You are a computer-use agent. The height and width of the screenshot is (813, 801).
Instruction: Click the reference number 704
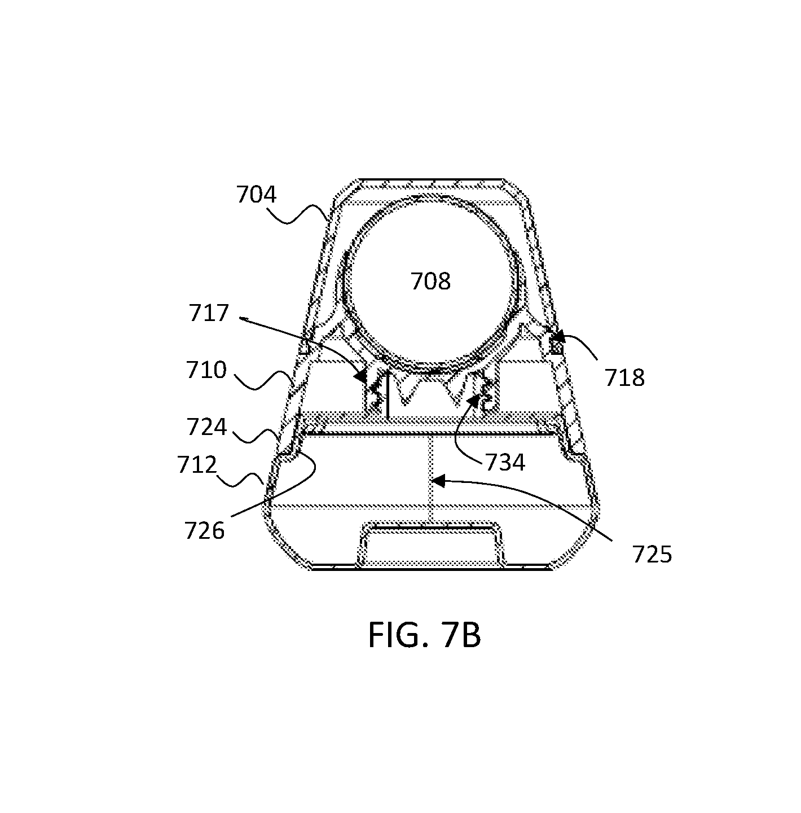tap(256, 195)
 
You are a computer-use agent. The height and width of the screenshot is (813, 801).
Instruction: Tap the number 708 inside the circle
tap(430, 281)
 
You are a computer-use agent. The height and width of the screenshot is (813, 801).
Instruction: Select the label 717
tap(209, 313)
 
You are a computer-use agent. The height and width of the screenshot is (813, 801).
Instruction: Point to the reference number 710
tap(206, 370)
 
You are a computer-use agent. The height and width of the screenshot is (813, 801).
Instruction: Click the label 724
tap(207, 427)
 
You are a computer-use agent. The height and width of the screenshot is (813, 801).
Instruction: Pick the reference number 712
tap(197, 464)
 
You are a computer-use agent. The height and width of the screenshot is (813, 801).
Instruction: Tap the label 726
tap(204, 531)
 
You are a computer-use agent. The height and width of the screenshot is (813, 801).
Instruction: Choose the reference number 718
tap(624, 377)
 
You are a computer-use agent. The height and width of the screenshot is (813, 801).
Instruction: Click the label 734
tap(505, 463)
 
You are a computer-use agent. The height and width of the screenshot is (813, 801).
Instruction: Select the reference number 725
tap(652, 555)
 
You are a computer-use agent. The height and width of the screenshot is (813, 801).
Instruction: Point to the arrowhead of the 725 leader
tap(438, 481)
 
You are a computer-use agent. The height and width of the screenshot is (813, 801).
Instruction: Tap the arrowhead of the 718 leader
tap(556, 337)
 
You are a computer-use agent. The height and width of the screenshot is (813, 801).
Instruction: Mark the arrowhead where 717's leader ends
tap(361, 375)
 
